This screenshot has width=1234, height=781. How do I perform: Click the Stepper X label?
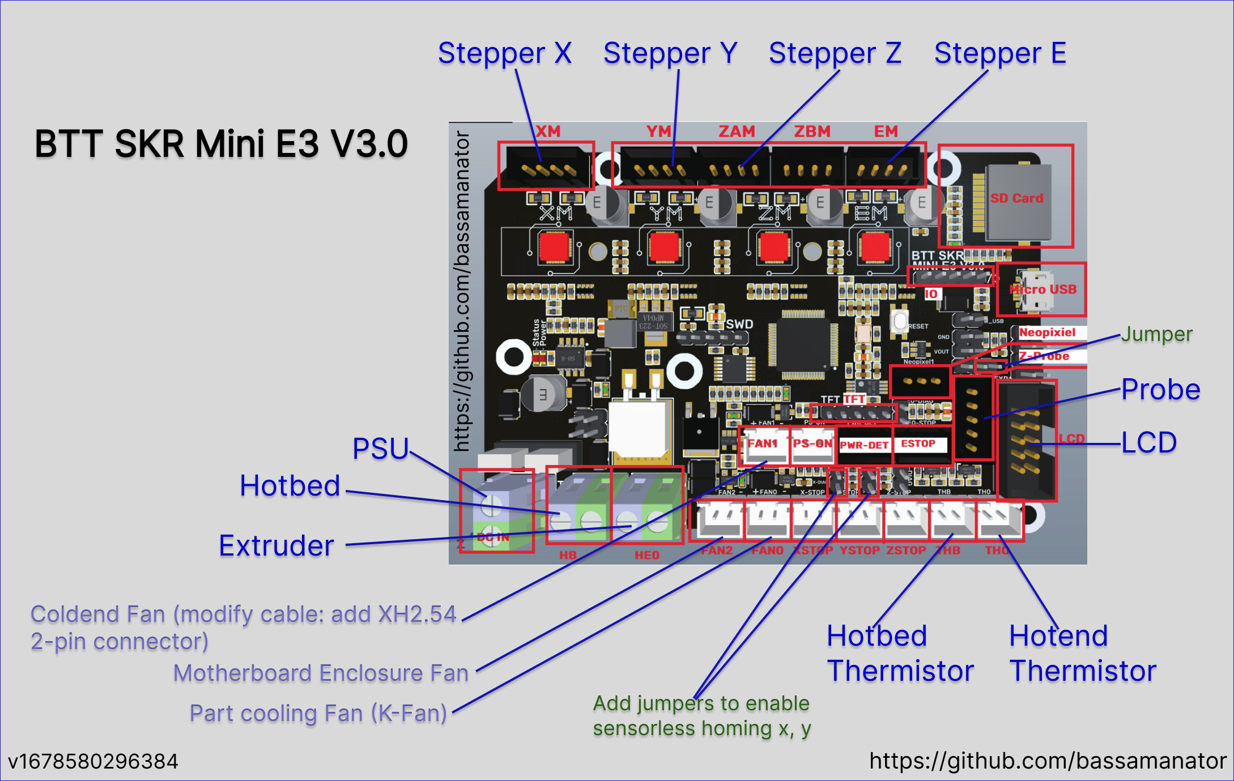pyautogui.click(x=504, y=54)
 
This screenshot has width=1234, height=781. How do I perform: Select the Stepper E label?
pyautogui.click(x=1000, y=54)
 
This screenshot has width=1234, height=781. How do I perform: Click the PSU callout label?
pyautogui.click(x=380, y=449)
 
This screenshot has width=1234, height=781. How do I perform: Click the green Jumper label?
pyautogui.click(x=1157, y=334)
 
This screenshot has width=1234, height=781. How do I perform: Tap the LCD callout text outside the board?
pyautogui.click(x=1149, y=442)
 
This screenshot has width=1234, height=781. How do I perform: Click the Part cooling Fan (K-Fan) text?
pyautogui.click(x=318, y=713)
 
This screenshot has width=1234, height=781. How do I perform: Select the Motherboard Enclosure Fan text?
pyautogui.click(x=321, y=673)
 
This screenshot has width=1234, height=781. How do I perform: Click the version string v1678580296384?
pyautogui.click(x=93, y=761)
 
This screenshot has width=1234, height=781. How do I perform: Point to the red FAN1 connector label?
pyautogui.click(x=763, y=443)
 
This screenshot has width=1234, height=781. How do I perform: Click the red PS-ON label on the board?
pyautogui.click(x=812, y=443)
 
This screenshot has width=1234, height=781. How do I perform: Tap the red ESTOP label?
pyautogui.click(x=918, y=444)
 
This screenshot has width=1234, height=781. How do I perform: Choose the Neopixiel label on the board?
pyautogui.click(x=1047, y=332)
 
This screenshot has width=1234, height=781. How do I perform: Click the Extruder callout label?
pyautogui.click(x=276, y=545)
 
